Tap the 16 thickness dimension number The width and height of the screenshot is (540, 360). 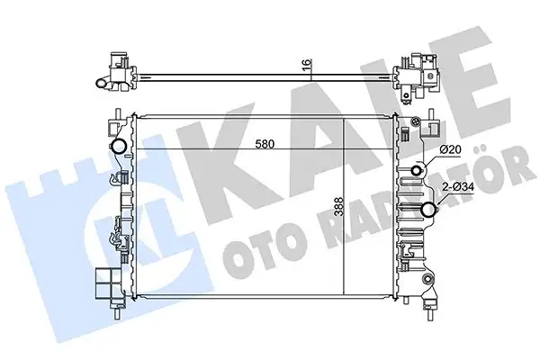(307, 66)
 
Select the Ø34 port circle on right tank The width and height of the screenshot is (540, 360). (427, 211)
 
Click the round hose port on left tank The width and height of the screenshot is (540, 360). (116, 148)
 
